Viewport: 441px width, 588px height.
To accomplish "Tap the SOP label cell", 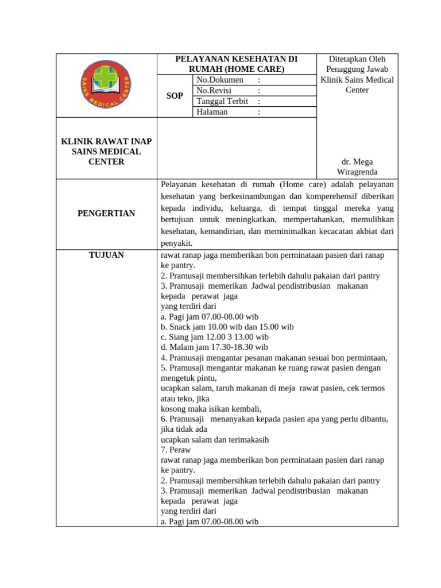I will coord(175,96).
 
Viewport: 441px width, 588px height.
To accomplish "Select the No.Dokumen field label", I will coord(220,80).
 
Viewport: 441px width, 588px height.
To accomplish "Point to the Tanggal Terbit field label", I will coord(222,101).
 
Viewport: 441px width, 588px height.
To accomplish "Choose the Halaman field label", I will coord(212,112).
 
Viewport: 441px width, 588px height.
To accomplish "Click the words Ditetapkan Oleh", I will coord(357,59).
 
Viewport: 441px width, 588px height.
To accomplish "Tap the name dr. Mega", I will coord(357,162).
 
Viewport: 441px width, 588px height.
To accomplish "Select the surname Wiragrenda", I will coord(357,172).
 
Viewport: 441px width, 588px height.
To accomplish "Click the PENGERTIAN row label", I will coord(106,214).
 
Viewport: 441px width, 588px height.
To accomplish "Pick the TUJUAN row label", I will coord(106,255).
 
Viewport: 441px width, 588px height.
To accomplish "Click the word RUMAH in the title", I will coord(208,69).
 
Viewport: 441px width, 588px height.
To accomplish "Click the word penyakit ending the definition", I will coord(176,243).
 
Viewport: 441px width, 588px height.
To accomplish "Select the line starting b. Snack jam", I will coord(227,327).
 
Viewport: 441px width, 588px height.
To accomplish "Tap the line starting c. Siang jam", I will coord(215,337).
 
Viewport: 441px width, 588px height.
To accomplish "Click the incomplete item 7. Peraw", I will coord(176,450).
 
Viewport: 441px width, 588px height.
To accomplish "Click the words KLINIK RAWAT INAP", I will coord(106,141).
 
